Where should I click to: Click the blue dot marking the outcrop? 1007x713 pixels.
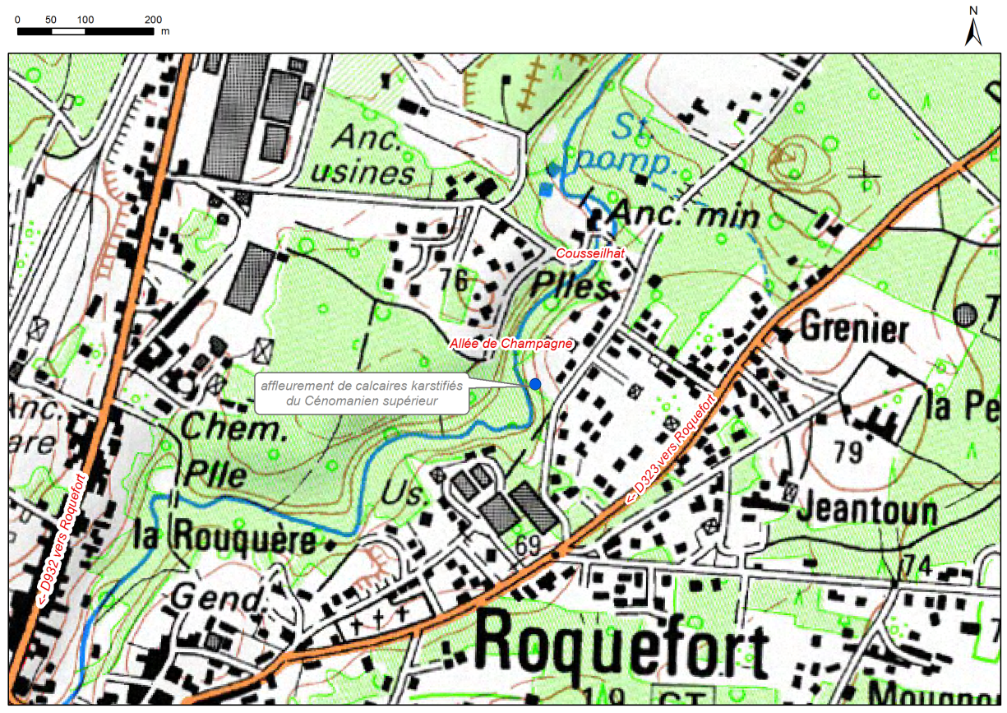pos(535,384)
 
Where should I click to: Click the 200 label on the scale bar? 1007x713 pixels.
pos(153,19)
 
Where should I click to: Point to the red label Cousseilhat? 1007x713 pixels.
pos(590,254)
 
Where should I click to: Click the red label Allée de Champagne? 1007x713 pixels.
pos(510,344)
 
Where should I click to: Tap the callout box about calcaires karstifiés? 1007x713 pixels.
pos(362,393)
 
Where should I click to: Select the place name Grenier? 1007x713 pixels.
pos(854,329)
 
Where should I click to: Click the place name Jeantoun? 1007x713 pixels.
pos(866,511)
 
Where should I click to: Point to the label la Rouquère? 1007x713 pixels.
pos(224,539)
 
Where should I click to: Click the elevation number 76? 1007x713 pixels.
pos(452,281)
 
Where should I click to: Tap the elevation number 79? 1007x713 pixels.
pos(850,451)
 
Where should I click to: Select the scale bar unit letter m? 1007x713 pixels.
pos(165,31)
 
